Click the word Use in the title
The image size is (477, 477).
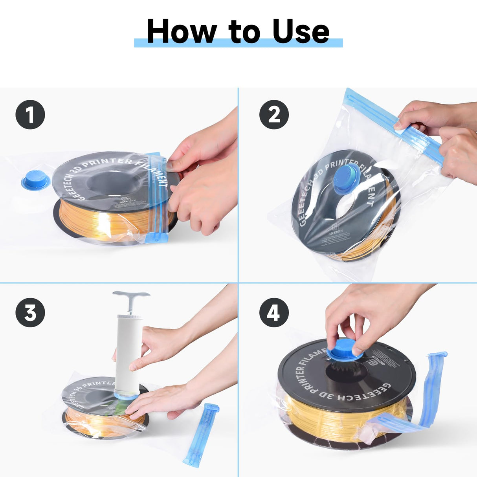coord(301,31)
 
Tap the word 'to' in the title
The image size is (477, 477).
coord(244,32)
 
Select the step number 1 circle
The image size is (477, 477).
coord(30,115)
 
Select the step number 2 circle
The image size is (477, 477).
coord(274,115)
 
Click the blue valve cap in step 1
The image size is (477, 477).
coord(36,180)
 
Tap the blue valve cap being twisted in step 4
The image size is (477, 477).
coord(345,350)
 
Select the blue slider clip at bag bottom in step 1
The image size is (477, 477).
coord(156,238)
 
